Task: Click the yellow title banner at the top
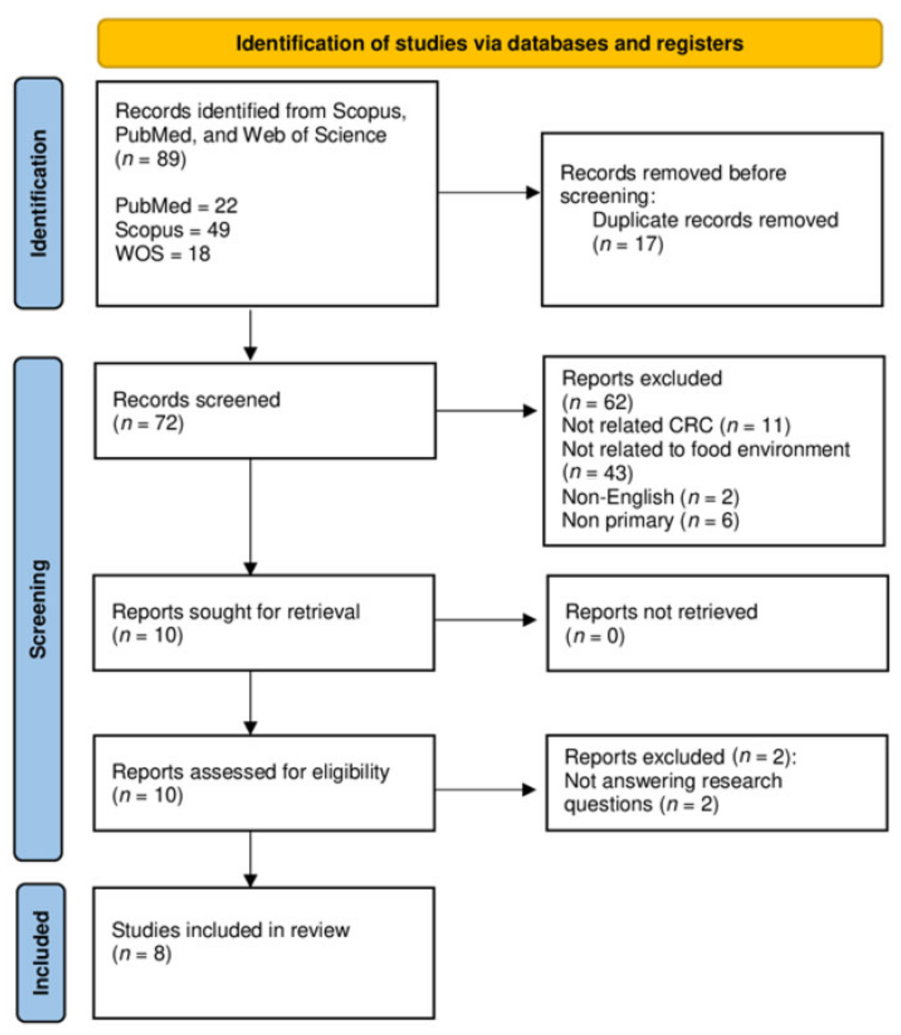click(x=489, y=43)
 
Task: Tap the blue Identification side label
click(x=39, y=193)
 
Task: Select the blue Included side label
click(x=41, y=953)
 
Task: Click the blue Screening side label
click(x=38, y=609)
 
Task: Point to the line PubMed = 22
click(x=176, y=206)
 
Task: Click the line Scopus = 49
click(x=172, y=230)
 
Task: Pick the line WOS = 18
click(x=162, y=253)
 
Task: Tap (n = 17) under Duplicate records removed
click(x=628, y=244)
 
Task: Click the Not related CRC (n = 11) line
click(x=676, y=426)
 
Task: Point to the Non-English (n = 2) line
click(x=650, y=497)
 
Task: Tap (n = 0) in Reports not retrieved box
click(x=595, y=636)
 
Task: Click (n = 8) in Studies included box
click(x=142, y=954)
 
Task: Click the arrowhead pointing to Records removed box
click(x=533, y=193)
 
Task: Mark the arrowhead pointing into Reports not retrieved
click(x=529, y=620)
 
